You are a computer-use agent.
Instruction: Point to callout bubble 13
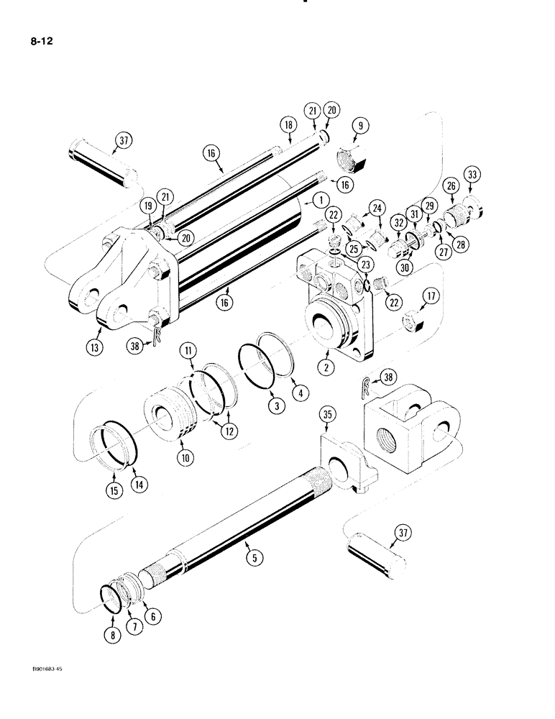(98, 347)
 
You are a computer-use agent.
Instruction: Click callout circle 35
(328, 415)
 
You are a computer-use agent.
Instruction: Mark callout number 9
(359, 125)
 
